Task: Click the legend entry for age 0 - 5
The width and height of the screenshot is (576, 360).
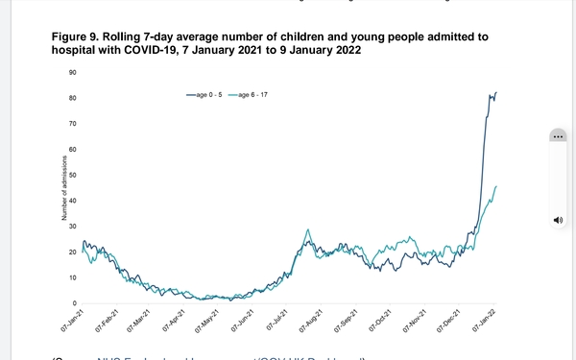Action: [208, 94]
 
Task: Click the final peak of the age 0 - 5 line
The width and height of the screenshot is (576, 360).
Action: [495, 93]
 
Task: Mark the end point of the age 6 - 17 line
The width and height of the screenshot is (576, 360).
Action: [495, 186]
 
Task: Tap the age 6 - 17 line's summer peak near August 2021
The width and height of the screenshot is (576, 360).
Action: [307, 230]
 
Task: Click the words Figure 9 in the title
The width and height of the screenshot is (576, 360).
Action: [78, 36]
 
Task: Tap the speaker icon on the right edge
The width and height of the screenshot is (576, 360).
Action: [558, 220]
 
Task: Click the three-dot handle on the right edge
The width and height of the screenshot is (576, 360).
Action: [558, 136]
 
